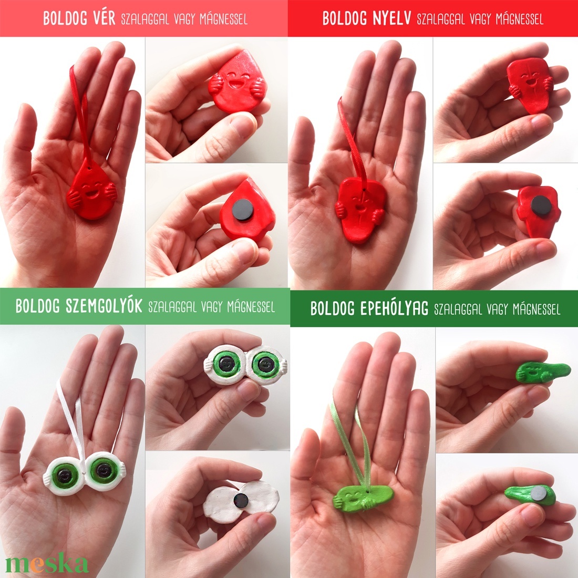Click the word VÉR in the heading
coord(104,18)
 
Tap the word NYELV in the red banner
coord(392,18)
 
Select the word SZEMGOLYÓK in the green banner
coord(104,306)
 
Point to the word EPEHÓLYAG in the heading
coord(394,308)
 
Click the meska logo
coord(47,563)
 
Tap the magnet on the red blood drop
coord(243,209)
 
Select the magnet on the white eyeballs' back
coord(241,500)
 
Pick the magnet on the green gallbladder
coord(539,493)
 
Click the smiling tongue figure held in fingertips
coord(528,85)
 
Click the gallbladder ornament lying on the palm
coord(363,498)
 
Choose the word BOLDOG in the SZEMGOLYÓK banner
coord(38,306)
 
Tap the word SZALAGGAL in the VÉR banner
coord(145,19)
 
